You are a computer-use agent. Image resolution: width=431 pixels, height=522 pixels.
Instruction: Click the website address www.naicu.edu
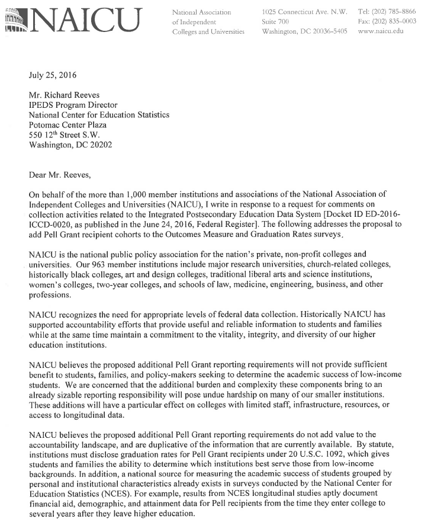[381, 31]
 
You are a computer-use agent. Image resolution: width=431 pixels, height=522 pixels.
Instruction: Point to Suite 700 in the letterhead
[275, 21]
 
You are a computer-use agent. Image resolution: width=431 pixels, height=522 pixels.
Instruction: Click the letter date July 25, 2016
[52, 75]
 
